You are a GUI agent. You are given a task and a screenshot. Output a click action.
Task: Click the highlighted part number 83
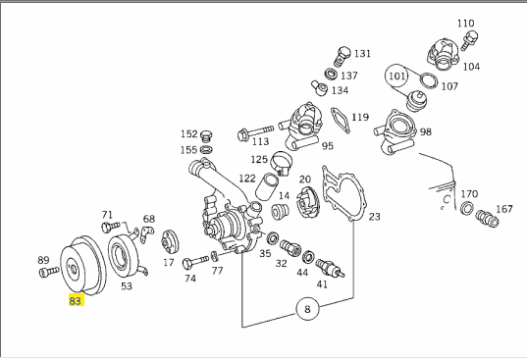pos(76,300)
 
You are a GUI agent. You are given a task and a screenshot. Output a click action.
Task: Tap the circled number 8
pos(307,309)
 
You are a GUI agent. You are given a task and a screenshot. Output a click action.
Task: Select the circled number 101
pos(396,77)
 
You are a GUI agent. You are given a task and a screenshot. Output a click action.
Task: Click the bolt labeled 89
pos(49,272)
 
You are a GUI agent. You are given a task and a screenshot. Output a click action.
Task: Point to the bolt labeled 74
pos(195,262)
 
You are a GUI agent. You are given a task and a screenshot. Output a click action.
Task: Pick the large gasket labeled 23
pos(343,195)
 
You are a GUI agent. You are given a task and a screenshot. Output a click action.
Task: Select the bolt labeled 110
pos(470,39)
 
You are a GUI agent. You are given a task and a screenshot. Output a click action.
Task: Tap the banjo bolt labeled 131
pos(342,56)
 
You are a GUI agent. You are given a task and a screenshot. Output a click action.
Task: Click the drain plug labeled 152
pos(206,136)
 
